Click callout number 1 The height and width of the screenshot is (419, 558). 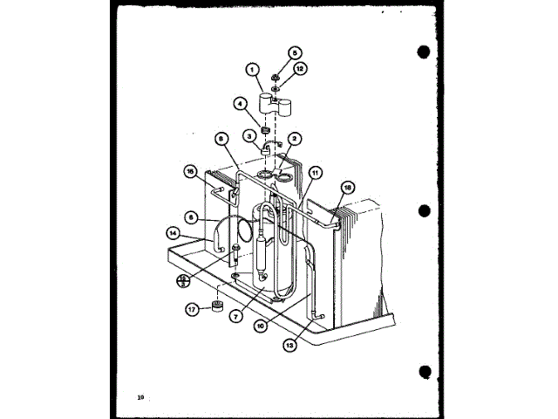(x=253, y=70)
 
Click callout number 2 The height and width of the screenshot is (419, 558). (x=295, y=138)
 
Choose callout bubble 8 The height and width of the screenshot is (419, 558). (x=221, y=137)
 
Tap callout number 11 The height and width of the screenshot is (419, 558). (x=315, y=173)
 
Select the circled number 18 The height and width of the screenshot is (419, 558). (x=347, y=187)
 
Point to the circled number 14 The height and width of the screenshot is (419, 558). (x=174, y=233)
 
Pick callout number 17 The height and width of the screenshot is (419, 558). (x=192, y=308)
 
